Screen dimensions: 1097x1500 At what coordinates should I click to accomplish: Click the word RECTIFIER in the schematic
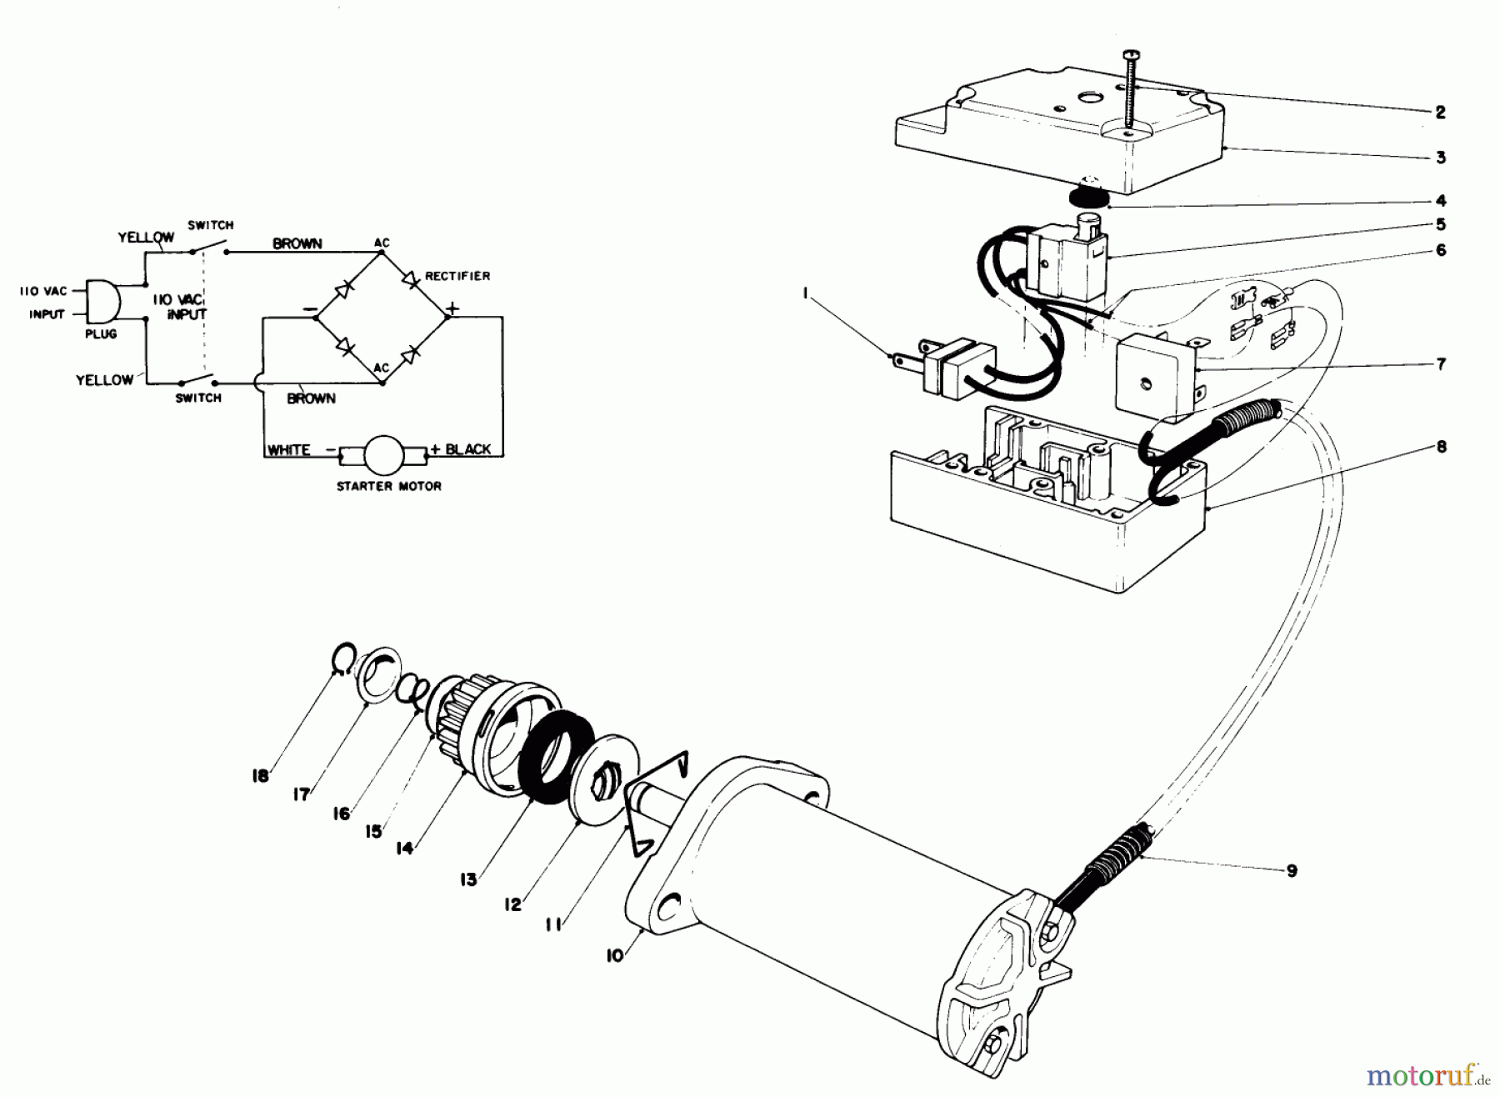click(457, 276)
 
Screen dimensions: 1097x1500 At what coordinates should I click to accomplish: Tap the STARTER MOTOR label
click(388, 486)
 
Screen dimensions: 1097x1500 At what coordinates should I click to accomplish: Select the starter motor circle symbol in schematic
click(384, 453)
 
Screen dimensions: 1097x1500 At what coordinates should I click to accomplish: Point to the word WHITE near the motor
click(288, 450)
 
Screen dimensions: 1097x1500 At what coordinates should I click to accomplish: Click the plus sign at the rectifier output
click(452, 308)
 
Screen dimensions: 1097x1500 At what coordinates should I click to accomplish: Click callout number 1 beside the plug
click(805, 293)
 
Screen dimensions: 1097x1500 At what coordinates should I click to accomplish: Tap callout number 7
click(1441, 364)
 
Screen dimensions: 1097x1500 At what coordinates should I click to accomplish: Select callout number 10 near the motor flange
click(614, 956)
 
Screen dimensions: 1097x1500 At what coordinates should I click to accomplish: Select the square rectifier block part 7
click(1154, 375)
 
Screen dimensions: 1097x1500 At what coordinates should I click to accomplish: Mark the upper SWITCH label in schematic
click(210, 225)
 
